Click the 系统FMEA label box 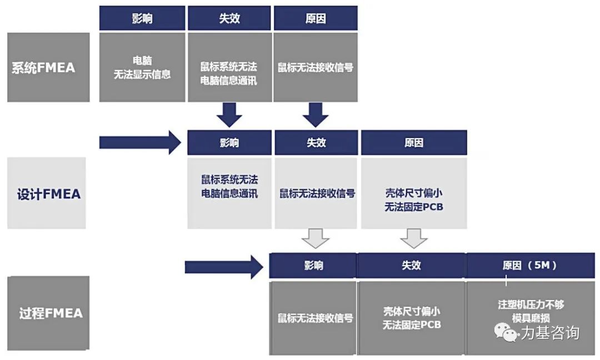click(48, 67)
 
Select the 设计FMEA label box click(47, 193)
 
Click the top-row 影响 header click(142, 18)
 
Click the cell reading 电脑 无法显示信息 click(142, 67)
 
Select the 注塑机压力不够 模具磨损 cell click(530, 311)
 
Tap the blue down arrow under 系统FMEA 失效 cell click(229, 114)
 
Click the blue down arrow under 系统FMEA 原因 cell click(316, 114)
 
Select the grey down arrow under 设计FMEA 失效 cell click(316, 238)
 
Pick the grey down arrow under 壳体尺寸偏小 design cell click(414, 238)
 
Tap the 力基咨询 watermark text click(550, 333)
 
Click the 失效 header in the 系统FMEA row click(229, 18)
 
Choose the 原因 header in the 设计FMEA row click(413, 143)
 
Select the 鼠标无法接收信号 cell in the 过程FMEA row click(313, 318)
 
